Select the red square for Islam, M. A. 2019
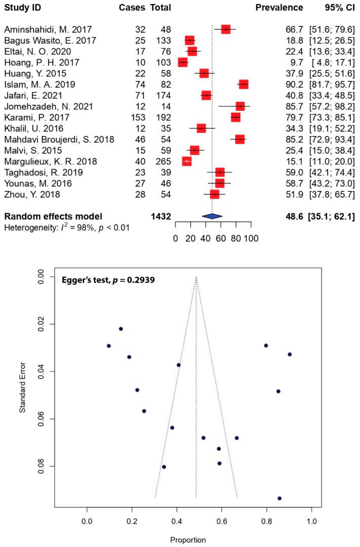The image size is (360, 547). [x=243, y=84]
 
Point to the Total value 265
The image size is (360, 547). [x=162, y=161]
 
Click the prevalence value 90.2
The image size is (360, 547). [x=295, y=84]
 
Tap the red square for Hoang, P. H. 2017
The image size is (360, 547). [x=183, y=62]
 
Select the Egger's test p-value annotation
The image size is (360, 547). [x=100, y=279]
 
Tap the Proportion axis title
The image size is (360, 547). [x=195, y=540]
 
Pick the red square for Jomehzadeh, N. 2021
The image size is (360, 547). [x=240, y=106]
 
